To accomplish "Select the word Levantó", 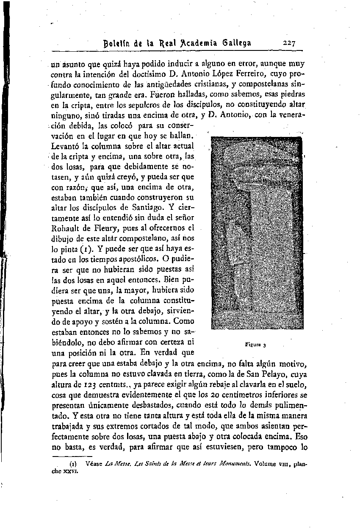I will (66, 146).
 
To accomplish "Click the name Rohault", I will (66, 229).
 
